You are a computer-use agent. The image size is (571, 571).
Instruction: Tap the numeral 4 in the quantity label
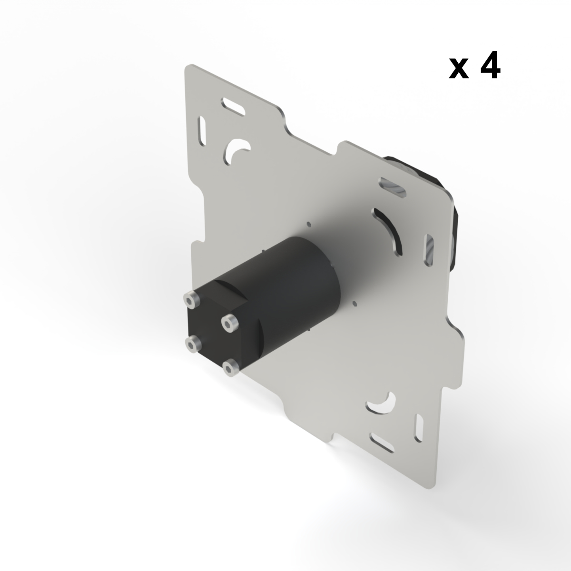[x=489, y=67]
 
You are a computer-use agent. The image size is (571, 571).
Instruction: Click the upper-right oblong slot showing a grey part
[x=393, y=187]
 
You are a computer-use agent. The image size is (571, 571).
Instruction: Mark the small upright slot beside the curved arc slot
[x=429, y=248]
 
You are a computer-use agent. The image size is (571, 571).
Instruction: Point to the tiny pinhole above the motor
[x=308, y=223]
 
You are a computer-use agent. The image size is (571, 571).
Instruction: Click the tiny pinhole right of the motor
[x=354, y=302]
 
